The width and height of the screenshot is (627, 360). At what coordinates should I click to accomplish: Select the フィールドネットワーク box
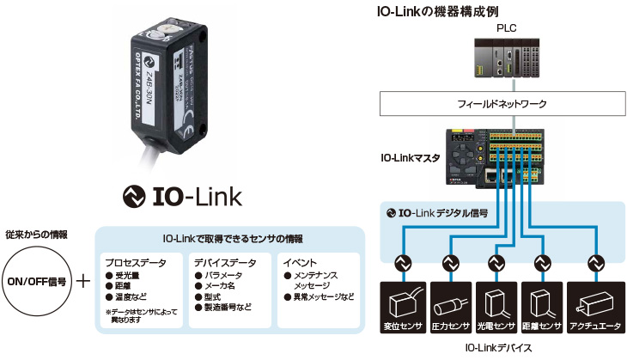[502, 104]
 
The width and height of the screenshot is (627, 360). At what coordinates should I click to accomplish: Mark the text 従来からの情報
[36, 234]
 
